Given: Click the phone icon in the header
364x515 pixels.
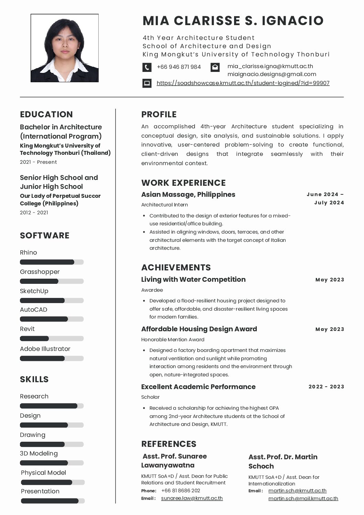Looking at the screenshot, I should [147, 67].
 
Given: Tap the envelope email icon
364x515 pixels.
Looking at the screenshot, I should [215, 67].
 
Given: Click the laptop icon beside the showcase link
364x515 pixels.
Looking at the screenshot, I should [147, 83].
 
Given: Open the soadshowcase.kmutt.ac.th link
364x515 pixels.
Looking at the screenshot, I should [243, 83].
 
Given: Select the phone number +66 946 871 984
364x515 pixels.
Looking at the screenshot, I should [179, 67].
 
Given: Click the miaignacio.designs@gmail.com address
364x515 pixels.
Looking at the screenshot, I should [272, 74].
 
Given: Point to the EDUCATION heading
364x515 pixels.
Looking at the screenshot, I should [46, 115].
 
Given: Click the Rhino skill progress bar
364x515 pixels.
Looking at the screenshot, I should [52, 262].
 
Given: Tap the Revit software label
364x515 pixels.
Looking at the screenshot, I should [27, 329].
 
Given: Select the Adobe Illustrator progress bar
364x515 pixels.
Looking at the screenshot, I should [52, 358].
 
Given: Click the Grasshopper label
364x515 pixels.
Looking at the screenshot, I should [40, 272].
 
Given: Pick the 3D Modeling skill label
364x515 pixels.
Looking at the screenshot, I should [39, 453].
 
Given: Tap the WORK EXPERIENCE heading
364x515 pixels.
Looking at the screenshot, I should [184, 183].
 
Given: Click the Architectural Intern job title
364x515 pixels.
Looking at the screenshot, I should [165, 205].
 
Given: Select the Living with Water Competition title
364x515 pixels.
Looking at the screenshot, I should [193, 280].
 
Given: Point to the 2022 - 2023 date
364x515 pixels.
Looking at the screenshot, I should [326, 387].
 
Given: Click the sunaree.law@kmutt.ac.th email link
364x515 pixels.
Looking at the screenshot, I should [192, 498].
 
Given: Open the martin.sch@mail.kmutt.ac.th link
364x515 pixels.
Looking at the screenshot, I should [303, 498].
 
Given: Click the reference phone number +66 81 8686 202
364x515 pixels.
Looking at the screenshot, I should [180, 491].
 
